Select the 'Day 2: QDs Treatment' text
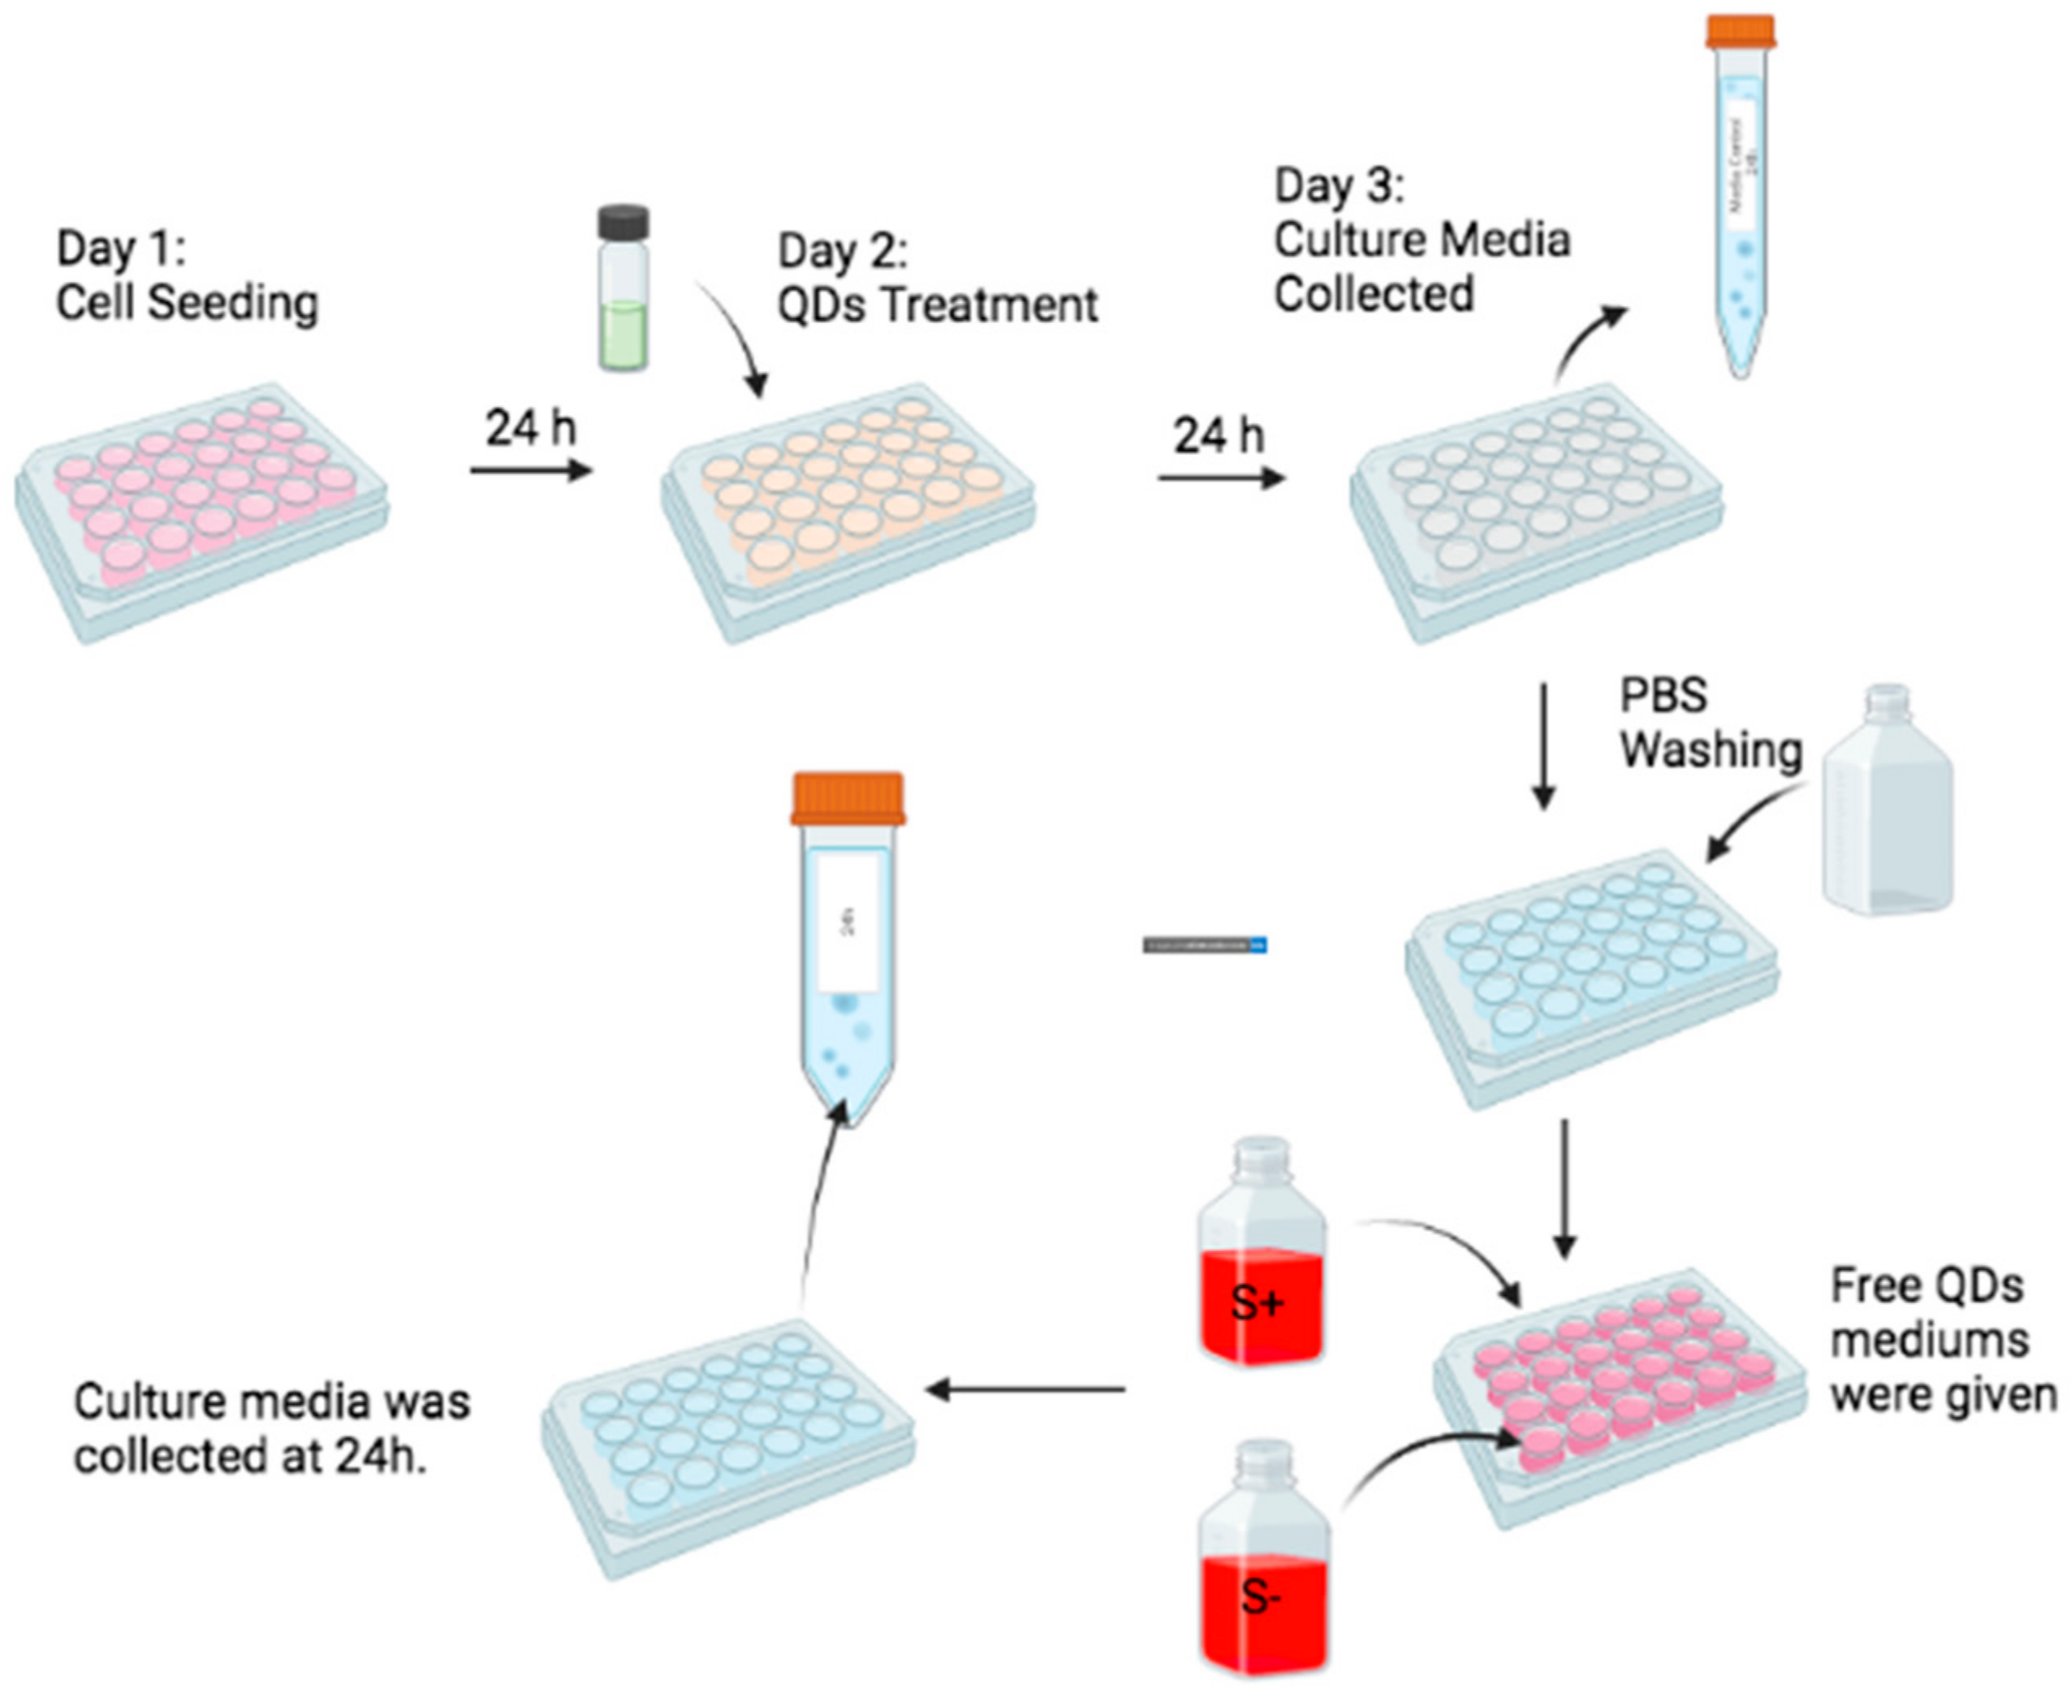936,278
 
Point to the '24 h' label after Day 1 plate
532,428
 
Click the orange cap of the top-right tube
1741,31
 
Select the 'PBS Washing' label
1709,723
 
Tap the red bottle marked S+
1262,1287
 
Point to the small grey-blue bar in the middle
1204,945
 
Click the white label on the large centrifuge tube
848,922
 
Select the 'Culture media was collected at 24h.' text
271,1429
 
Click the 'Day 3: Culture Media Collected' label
1421,240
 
